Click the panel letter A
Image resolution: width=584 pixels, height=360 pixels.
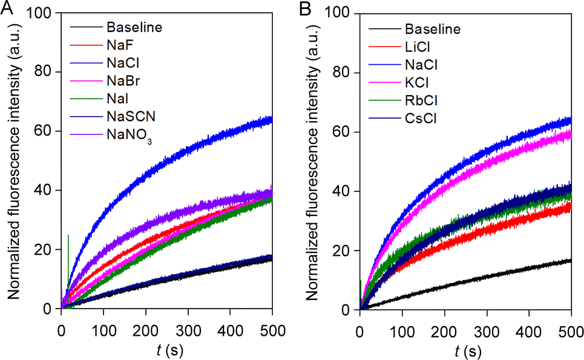pos(7,7)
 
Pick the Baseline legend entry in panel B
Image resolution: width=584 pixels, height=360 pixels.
pos(432,28)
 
